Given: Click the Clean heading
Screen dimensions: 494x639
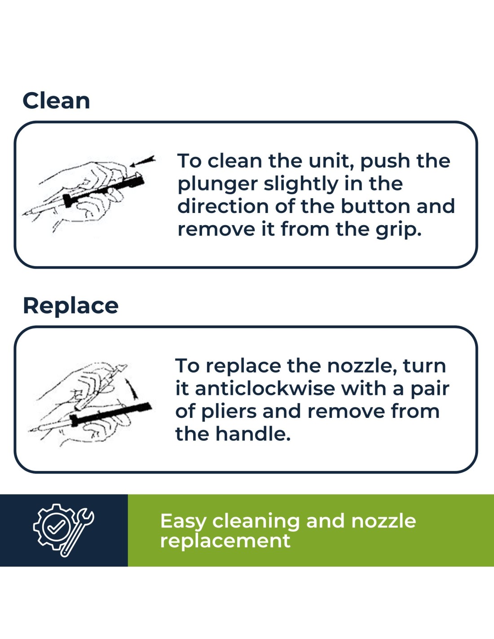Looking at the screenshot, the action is point(56,101).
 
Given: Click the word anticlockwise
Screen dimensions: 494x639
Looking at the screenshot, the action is point(265,388).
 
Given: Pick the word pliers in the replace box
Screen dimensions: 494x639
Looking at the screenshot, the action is point(225,412).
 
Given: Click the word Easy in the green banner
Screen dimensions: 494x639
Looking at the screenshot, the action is point(183,522).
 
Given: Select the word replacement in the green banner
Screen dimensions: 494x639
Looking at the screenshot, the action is point(225,541).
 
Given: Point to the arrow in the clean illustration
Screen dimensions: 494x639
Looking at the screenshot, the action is point(142,162).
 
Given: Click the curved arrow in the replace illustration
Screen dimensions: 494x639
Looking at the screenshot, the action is point(132,389).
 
